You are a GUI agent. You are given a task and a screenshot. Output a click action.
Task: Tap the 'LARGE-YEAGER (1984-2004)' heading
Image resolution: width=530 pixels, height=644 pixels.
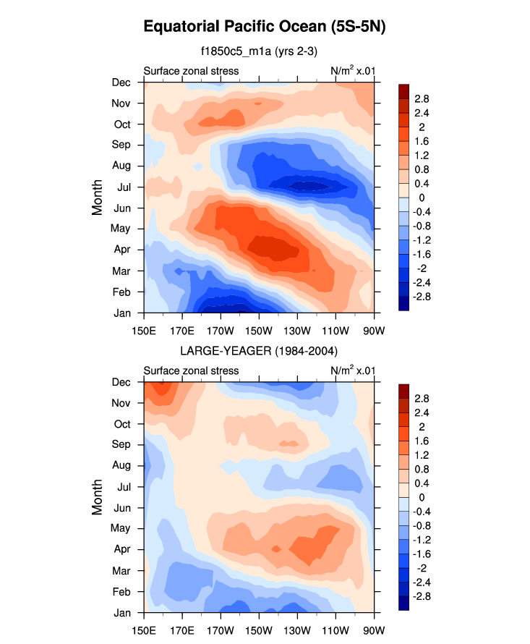click(259, 351)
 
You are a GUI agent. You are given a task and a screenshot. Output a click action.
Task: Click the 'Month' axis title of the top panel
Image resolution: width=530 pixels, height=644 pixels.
click(98, 198)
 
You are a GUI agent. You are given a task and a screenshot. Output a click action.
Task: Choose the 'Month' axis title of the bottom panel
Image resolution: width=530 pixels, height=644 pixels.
click(98, 498)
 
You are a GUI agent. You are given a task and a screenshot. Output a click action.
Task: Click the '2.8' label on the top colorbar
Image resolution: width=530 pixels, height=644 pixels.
click(422, 98)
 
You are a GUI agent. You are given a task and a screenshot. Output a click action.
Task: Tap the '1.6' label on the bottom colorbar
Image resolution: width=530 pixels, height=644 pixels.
click(422, 441)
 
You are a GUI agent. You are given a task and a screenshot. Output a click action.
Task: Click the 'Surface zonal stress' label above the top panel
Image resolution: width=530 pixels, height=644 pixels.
click(191, 71)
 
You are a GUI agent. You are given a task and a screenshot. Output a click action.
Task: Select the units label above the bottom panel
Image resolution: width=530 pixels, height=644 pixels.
click(352, 370)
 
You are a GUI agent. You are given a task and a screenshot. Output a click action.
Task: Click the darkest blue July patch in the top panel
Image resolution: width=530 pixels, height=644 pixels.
click(307, 186)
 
